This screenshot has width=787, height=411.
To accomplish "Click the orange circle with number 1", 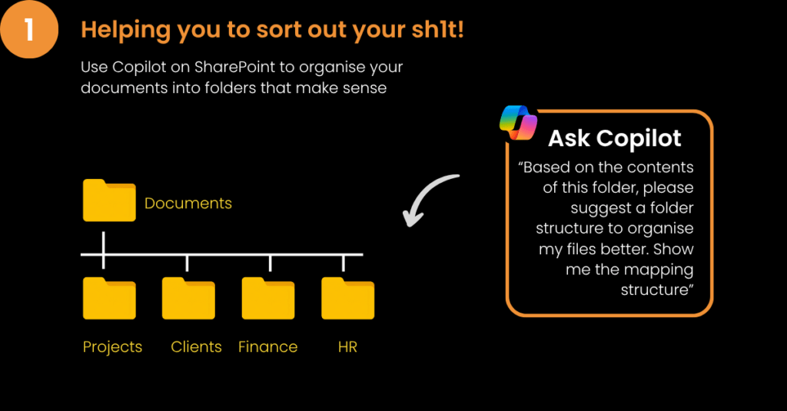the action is click(x=28, y=28).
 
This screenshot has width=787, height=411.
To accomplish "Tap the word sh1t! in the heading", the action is click(x=437, y=30).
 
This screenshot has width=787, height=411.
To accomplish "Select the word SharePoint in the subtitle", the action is click(x=235, y=67).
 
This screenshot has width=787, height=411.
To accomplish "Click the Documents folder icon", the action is click(x=109, y=201).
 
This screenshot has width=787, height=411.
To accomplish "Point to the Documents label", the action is click(x=188, y=204).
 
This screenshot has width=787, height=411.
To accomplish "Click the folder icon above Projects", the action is click(x=109, y=298).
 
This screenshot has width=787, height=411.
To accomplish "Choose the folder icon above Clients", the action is click(x=189, y=298).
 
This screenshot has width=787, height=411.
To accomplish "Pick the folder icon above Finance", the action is click(x=268, y=298).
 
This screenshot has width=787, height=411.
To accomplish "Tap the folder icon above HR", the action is click(x=348, y=298).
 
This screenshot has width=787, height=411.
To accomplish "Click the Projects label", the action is click(x=112, y=347).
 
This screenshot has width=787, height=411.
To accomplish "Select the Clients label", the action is click(x=196, y=346).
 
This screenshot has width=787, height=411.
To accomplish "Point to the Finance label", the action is click(x=268, y=346).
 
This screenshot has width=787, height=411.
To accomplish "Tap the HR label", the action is click(x=348, y=346).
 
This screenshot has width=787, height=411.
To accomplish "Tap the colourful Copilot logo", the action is click(x=519, y=123).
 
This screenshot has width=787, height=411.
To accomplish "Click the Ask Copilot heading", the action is click(x=615, y=138).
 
